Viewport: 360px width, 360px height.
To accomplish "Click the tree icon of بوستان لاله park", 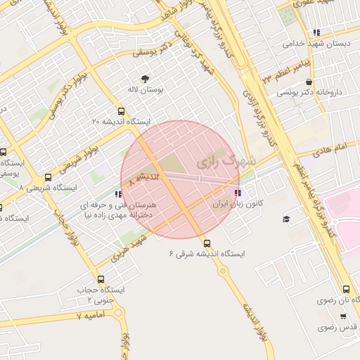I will click(146, 78).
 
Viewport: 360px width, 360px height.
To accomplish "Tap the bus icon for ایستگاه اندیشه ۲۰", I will click(122, 111).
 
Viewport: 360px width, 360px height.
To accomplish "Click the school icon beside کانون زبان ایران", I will click(237, 192).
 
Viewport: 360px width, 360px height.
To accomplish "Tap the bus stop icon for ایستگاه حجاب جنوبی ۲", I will click(100, 279).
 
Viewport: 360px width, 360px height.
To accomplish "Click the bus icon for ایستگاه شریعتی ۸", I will click(48, 177).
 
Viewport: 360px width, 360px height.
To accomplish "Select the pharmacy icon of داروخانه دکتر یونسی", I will click(309, 82).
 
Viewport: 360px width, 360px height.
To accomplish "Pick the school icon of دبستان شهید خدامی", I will click(317, 32).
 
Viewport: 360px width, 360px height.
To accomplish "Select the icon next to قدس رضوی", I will click(323, 328).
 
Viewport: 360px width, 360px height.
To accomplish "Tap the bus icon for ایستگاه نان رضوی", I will click(345, 289).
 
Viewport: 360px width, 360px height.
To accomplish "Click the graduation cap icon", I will click(286, 219).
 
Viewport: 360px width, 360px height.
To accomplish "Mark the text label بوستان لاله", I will click(146, 91).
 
